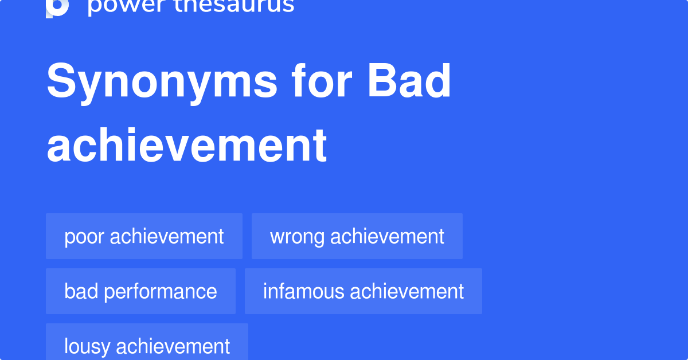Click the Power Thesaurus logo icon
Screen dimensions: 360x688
(57, 7)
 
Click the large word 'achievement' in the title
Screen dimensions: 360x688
(187, 146)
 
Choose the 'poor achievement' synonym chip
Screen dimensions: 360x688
(144, 236)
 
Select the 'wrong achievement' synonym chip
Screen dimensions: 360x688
(357, 236)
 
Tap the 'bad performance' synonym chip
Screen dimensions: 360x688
(140, 291)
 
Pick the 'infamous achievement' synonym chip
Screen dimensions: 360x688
(363, 291)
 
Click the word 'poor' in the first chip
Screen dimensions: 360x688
(84, 237)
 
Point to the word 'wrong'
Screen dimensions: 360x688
(298, 237)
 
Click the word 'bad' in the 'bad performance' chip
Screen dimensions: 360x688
(78, 291)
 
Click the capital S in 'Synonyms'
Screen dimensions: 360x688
(61, 83)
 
